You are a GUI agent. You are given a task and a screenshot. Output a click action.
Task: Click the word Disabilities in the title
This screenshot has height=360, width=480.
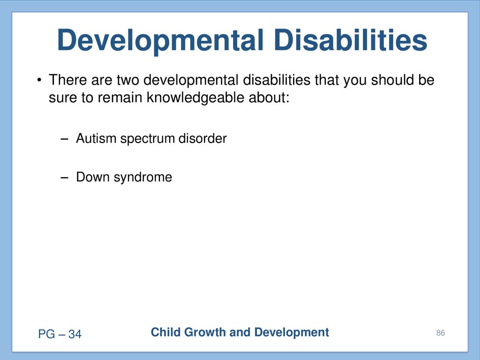[x=350, y=40]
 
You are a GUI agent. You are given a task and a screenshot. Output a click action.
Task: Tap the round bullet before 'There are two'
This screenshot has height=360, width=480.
[x=39, y=81]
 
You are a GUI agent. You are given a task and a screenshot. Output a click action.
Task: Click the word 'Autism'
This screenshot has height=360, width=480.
[x=96, y=138]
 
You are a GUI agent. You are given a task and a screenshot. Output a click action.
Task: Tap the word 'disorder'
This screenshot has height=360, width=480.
[x=202, y=138]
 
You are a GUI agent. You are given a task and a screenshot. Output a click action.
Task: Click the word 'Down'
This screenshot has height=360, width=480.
[x=93, y=177]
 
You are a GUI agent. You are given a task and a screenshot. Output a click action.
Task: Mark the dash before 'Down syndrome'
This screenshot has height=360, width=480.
[x=64, y=178]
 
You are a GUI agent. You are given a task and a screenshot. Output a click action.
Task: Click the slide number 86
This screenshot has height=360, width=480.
[x=441, y=333]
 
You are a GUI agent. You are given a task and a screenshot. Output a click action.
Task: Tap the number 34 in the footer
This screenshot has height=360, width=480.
[x=75, y=334]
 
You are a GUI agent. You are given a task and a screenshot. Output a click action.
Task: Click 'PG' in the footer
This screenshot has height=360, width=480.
[x=46, y=334]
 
